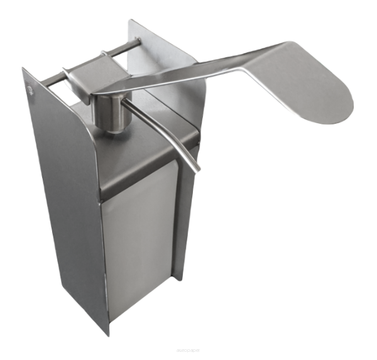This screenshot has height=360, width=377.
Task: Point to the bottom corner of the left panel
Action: point(107,334)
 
